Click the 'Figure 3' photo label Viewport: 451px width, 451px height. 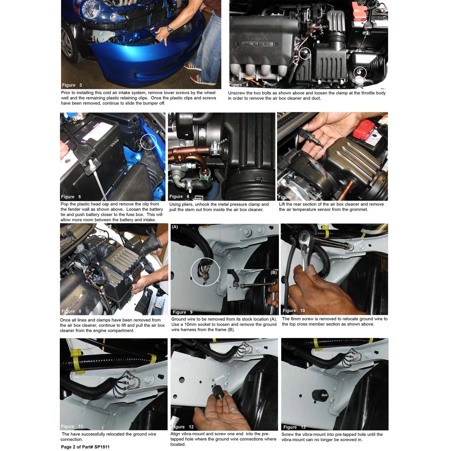pyautogui.click(x=72, y=85)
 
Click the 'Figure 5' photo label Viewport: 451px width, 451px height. pyautogui.click(x=71, y=197)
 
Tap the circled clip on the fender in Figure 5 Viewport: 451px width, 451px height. pyautogui.click(x=148, y=142)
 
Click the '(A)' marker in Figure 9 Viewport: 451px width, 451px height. pyautogui.click(x=175, y=227)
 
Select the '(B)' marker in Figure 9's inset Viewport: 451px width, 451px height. pyautogui.click(x=274, y=273)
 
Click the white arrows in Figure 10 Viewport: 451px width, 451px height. pyautogui.click(x=359, y=242)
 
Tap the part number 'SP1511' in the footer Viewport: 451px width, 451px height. pyautogui.click(x=102, y=447)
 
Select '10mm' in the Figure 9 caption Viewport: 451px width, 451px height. pyautogui.click(x=191, y=324)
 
